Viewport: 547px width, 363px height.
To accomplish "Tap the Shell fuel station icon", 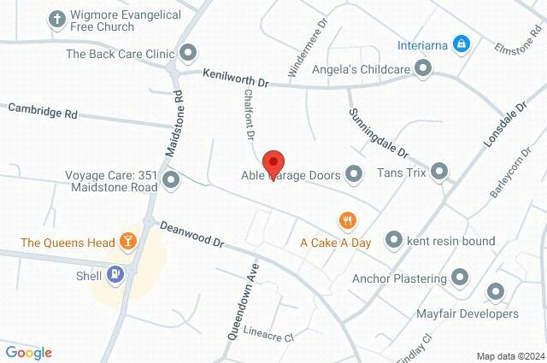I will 115,274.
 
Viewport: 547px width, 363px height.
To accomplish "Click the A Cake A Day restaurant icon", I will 347,220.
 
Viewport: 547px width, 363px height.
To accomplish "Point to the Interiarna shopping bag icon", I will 461,42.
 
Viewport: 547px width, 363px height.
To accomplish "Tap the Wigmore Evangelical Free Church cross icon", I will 57,19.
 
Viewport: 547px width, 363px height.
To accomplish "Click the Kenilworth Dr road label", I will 236,79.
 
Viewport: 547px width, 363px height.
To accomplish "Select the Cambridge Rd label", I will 43,111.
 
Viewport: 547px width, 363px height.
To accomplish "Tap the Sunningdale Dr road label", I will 379,133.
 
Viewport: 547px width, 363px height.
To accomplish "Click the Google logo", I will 28,353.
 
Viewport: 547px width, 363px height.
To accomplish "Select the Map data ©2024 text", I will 509,356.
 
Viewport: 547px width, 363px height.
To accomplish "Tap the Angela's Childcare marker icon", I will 421,72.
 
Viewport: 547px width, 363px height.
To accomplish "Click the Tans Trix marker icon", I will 440,173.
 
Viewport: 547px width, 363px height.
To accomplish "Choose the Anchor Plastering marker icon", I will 461,278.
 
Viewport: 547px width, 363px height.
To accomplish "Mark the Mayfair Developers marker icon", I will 495,293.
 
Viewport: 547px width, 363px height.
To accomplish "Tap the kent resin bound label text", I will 453,241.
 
